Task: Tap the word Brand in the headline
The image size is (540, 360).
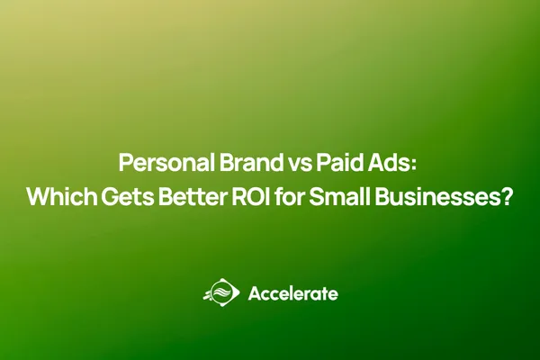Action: (x=237, y=165)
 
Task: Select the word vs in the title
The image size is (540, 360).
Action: (x=286, y=165)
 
